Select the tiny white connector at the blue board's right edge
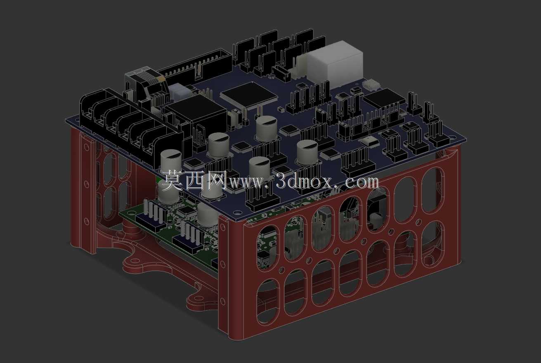371,84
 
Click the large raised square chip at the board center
249,95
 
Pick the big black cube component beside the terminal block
196,116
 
